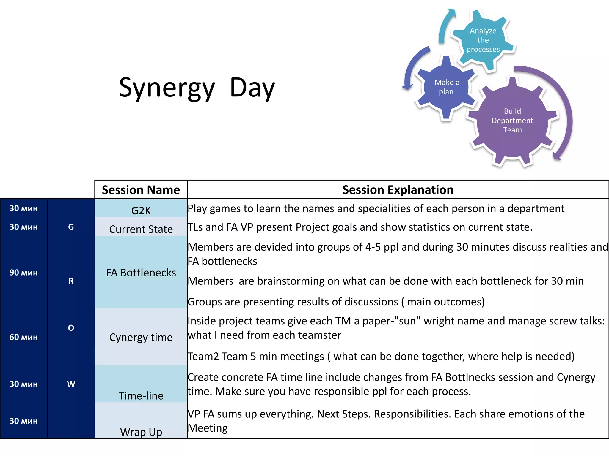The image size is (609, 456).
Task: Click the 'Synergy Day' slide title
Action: click(x=197, y=88)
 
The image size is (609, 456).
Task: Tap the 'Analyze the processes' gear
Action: click(x=483, y=40)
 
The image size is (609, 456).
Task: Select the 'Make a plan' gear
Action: click(x=446, y=87)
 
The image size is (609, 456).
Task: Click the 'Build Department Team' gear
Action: click(x=512, y=121)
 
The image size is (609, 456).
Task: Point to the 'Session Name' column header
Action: click(x=141, y=190)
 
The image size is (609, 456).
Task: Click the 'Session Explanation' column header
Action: click(x=398, y=190)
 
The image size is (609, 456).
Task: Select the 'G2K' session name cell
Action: click(x=141, y=210)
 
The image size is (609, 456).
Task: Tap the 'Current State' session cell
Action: click(x=141, y=229)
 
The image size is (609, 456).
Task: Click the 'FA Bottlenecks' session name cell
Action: click(x=141, y=273)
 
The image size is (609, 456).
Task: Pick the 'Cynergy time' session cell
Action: click(x=141, y=337)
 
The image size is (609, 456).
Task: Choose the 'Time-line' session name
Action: click(x=141, y=395)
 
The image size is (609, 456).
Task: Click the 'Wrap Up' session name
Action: click(x=141, y=432)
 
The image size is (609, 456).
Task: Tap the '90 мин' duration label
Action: click(x=23, y=273)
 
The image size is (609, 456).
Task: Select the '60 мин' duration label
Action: click(x=23, y=337)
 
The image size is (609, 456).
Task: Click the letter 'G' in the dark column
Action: click(x=71, y=227)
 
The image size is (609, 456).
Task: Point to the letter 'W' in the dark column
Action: click(x=71, y=384)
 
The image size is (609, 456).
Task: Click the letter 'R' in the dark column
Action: click(x=71, y=281)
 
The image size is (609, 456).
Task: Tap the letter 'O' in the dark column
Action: click(x=71, y=328)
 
